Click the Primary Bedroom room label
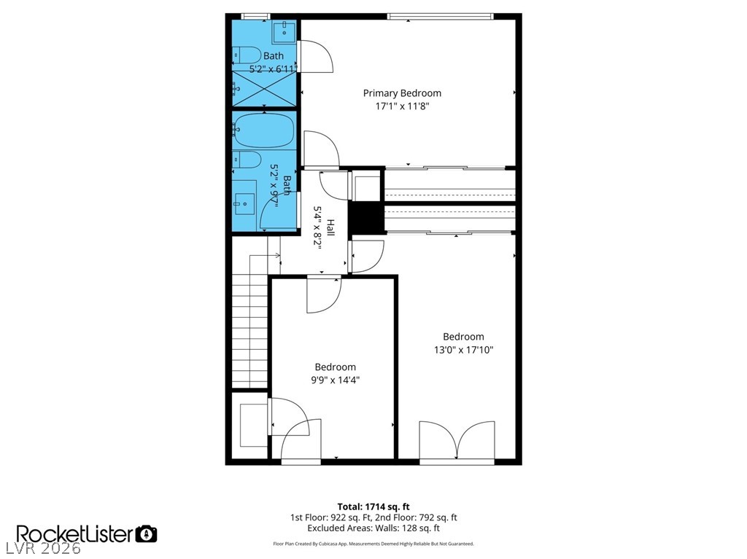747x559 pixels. (x=402, y=93)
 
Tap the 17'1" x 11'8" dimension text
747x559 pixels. (x=402, y=106)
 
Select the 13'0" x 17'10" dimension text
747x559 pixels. (x=463, y=350)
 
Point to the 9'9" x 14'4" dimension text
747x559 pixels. (x=335, y=380)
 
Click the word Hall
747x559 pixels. (x=330, y=227)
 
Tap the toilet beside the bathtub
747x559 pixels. (x=247, y=160)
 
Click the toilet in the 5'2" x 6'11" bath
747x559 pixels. (x=246, y=54)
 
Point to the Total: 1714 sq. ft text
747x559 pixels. (x=373, y=506)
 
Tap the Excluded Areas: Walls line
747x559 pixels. (x=373, y=528)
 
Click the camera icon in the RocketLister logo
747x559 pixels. (x=147, y=533)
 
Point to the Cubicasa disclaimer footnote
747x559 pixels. (x=373, y=544)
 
